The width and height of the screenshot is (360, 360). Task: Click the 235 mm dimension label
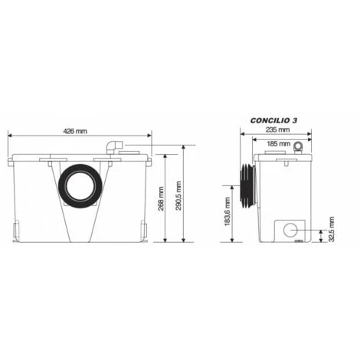[277, 131]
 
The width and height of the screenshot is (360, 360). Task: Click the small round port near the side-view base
[291, 229]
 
